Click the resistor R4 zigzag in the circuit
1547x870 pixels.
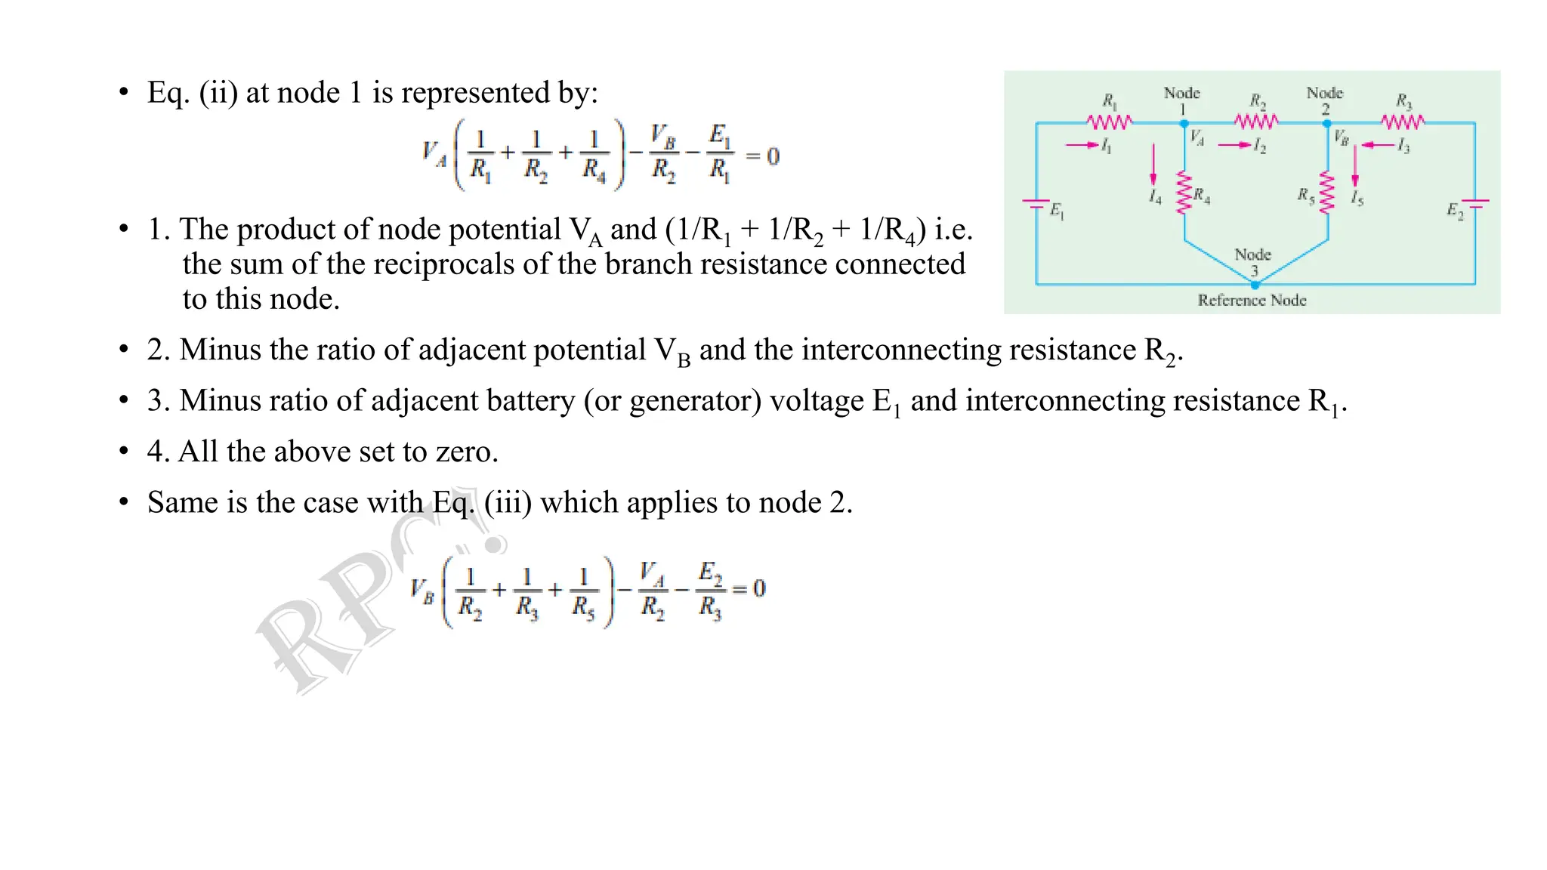[x=1184, y=193]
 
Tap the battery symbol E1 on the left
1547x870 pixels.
[x=1036, y=204]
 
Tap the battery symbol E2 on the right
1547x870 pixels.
[x=1475, y=203]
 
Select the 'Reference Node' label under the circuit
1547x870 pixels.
[x=1252, y=301]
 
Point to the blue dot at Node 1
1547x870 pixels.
[x=1184, y=123]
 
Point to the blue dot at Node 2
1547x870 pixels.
[x=1327, y=123]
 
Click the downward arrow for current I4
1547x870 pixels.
[x=1153, y=165]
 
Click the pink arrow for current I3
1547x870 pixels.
[x=1377, y=145]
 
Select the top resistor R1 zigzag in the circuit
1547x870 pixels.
[x=1109, y=122]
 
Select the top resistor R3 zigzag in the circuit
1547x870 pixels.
[x=1403, y=122]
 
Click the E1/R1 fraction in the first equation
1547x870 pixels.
[x=720, y=155]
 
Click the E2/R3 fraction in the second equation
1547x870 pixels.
[x=710, y=590]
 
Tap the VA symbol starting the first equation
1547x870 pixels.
[x=434, y=154]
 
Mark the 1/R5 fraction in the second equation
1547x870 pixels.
[x=583, y=591]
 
